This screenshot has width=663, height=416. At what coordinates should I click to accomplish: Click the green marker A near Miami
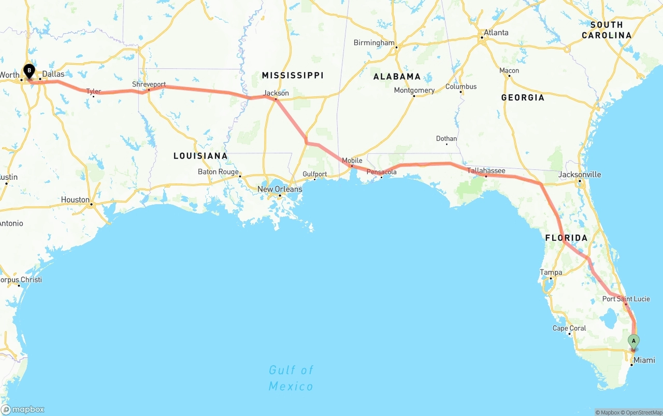[x=633, y=341]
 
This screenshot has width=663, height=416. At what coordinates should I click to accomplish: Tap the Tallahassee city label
[x=486, y=170]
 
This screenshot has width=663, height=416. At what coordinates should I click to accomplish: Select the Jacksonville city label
[x=580, y=175]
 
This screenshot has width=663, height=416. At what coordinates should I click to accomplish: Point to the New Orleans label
[x=280, y=189]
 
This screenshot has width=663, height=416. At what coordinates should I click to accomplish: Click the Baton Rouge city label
[x=218, y=172]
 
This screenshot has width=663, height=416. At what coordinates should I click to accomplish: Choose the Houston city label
[x=75, y=200]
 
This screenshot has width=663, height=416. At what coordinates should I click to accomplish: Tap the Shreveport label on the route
[x=149, y=84]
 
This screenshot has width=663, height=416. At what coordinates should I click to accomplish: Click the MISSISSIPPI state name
[x=292, y=76]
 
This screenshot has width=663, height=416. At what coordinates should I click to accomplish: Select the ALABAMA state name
[x=397, y=77]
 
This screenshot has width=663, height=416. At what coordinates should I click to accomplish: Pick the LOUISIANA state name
[x=200, y=156]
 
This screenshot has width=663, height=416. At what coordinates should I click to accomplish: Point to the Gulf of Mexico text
[x=291, y=378]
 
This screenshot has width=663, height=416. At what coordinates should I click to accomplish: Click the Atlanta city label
[x=496, y=33]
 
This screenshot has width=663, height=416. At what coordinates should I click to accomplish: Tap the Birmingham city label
[x=374, y=43]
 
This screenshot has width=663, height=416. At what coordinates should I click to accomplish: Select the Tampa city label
[x=551, y=272]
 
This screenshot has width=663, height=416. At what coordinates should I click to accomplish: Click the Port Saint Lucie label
[x=626, y=299]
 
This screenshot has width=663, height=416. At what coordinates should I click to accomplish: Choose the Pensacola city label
[x=381, y=172]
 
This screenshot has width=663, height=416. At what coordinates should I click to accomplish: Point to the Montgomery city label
[x=414, y=90]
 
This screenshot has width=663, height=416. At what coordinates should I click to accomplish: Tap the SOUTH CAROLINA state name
[x=606, y=30]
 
